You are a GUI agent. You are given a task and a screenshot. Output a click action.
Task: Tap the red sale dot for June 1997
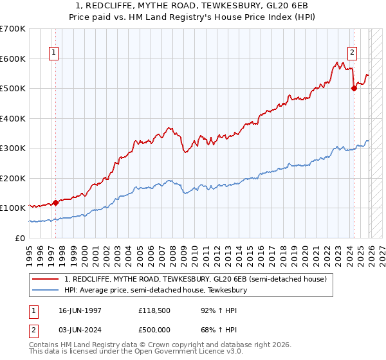click(x=55, y=203)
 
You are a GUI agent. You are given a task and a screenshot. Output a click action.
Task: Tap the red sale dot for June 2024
click(x=354, y=89)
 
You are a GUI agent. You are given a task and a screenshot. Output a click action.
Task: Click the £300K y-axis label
click(x=13, y=148)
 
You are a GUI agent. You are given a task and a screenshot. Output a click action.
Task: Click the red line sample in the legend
click(x=46, y=280)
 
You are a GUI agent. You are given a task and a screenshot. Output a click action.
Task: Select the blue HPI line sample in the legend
click(x=46, y=291)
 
